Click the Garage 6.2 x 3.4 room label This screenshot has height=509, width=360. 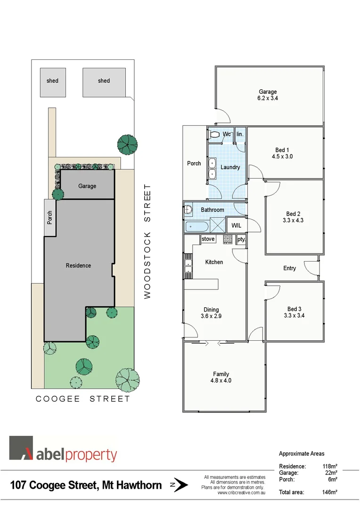pos(267,95)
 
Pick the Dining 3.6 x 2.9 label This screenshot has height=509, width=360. pos(211,312)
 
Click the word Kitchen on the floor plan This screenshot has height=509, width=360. pos(214,262)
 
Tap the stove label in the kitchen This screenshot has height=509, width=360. pos(208,239)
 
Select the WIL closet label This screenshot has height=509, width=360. pos(236,226)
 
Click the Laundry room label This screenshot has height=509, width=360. pos(230,167)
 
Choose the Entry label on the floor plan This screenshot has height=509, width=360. pos(289,268)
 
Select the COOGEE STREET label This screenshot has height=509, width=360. pos(83,399)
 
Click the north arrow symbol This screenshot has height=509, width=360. pos(180,485)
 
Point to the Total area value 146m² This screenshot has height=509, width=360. pos(329,492)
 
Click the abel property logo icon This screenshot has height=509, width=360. pos(22,448)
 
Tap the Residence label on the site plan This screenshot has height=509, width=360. pos(78,265)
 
